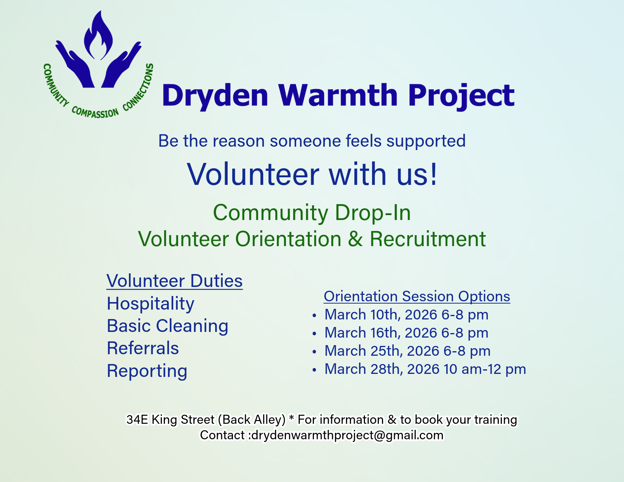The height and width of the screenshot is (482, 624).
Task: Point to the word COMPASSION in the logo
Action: (95, 112)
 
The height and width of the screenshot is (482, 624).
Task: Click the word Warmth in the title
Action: (338, 95)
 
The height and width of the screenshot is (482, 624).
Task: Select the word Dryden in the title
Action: (215, 96)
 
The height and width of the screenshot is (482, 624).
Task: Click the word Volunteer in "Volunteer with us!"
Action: (253, 174)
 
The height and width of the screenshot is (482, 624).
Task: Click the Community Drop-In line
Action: (312, 212)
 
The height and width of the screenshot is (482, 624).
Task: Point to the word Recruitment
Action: (427, 239)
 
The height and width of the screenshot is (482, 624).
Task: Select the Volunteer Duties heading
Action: (174, 281)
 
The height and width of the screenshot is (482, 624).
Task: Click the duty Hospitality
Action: (151, 304)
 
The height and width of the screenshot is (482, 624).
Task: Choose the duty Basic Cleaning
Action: (168, 326)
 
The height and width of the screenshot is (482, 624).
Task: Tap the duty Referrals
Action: (143, 348)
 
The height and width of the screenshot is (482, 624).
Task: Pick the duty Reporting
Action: (147, 371)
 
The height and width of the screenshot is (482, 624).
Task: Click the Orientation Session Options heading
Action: (417, 296)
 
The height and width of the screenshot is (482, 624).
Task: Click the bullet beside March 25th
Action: (314, 352)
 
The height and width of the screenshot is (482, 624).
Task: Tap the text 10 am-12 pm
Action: (484, 369)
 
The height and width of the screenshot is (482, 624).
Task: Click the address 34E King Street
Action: (171, 420)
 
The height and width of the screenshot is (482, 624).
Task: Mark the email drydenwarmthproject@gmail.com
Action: (347, 435)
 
